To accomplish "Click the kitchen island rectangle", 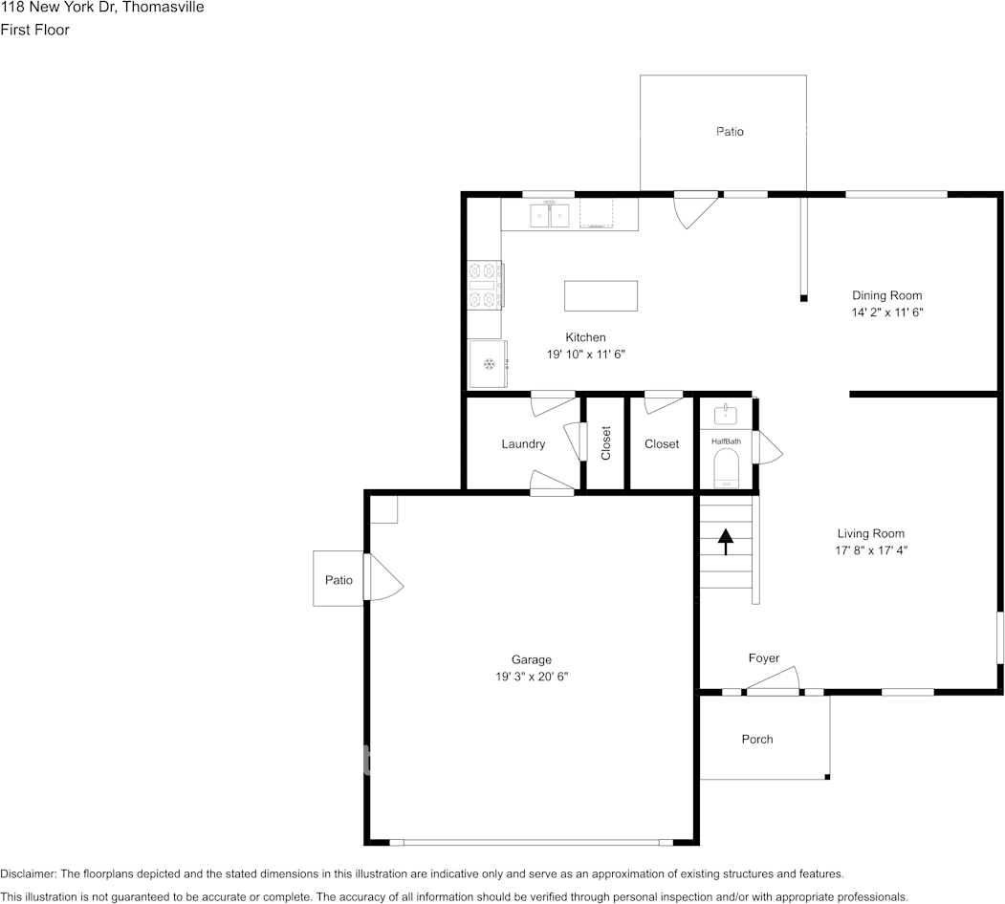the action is pos(601,295).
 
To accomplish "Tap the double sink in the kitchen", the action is pos(550,215).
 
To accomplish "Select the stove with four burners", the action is pos(485,285).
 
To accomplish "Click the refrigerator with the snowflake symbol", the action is pos(489,364).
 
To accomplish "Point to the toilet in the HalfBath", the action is pos(726,467).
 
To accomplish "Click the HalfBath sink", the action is pos(726,415).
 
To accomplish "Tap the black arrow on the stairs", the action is pos(726,542).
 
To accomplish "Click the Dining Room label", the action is pos(887,295).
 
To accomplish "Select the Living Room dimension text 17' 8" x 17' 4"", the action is pos(871,550).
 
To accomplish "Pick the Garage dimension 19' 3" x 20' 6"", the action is pos(532,677).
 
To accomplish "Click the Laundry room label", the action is pos(523,444).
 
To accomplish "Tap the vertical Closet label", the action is pos(605,443).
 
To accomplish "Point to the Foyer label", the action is pos(764,658).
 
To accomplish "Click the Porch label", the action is pos(757,740).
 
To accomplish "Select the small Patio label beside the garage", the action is pos(339,580).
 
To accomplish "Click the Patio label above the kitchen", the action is pos(730,131).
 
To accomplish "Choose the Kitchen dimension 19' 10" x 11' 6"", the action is pos(586,355).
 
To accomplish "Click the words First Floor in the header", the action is pos(34,30).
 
